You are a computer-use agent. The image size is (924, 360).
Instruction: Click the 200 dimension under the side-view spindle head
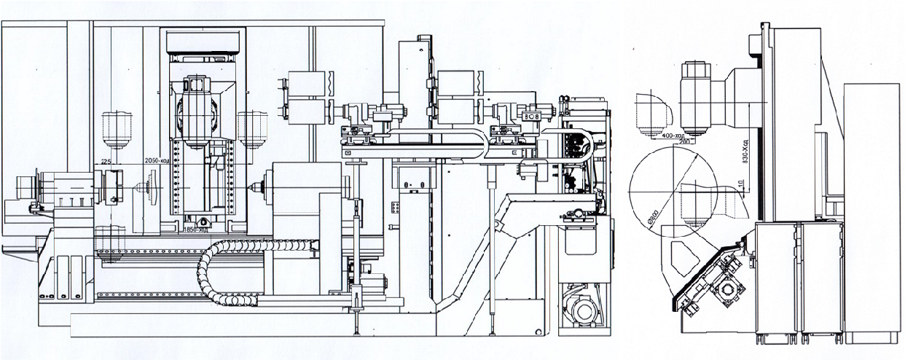pos(684,141)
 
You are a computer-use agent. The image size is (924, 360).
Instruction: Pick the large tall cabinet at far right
pos(871,211)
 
